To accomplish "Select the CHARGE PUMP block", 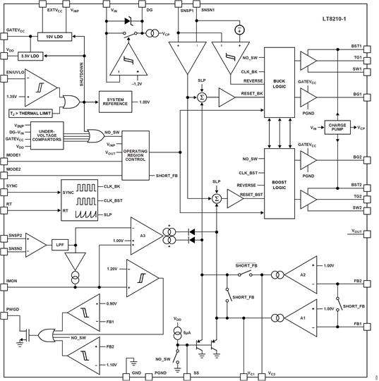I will click(x=337, y=128).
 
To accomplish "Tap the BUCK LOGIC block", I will click(x=279, y=83).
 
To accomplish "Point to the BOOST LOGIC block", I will click(x=279, y=186).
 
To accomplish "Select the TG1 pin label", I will click(x=357, y=58).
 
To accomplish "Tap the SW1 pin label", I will click(x=357, y=69).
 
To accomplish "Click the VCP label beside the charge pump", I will click(x=361, y=128).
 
